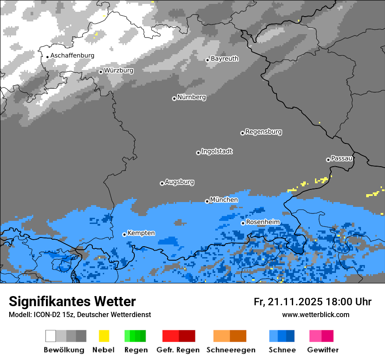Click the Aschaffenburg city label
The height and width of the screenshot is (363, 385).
pos(72,56)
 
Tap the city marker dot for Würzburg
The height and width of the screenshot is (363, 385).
pos(101,72)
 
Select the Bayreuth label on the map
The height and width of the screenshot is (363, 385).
pos(224,59)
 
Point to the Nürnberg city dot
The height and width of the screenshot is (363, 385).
pos(174,98)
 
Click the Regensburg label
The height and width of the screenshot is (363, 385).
pos(263,132)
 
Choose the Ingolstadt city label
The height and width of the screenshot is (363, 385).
pos(217,151)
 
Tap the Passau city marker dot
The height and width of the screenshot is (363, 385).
pos(328,160)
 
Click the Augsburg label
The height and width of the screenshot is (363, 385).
pos(179,182)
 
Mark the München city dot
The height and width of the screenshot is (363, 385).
pos(207,201)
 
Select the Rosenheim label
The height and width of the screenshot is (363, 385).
pos(262,222)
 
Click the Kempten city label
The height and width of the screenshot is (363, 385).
pos(141,233)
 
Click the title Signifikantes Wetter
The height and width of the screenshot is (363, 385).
pos(72,302)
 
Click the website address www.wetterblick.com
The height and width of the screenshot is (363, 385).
pos(315,314)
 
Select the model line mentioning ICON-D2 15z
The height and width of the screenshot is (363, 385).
pos(80,314)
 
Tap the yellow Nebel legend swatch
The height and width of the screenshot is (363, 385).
pos(104,336)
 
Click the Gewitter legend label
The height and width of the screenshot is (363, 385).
pos(322,350)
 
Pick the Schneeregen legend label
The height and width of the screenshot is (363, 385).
pos(231,350)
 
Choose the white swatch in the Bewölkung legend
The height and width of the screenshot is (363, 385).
pos(51,336)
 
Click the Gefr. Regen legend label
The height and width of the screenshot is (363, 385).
pos(178,350)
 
